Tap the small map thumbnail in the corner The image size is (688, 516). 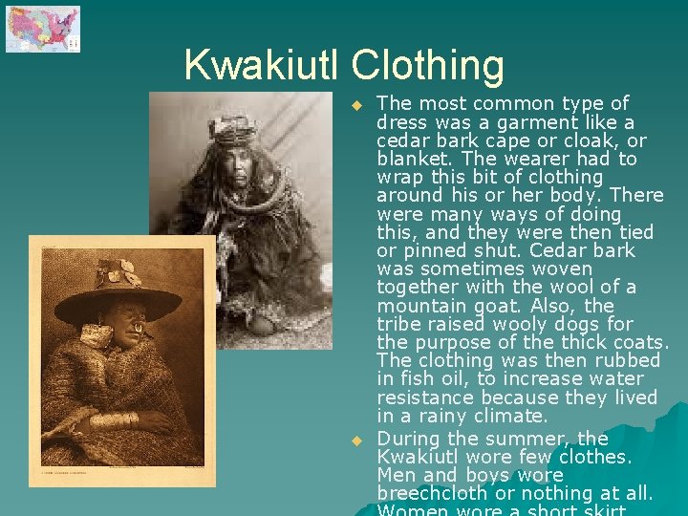43,29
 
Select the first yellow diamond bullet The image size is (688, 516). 356,104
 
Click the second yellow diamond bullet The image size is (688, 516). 356,441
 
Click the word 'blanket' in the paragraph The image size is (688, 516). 410,159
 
